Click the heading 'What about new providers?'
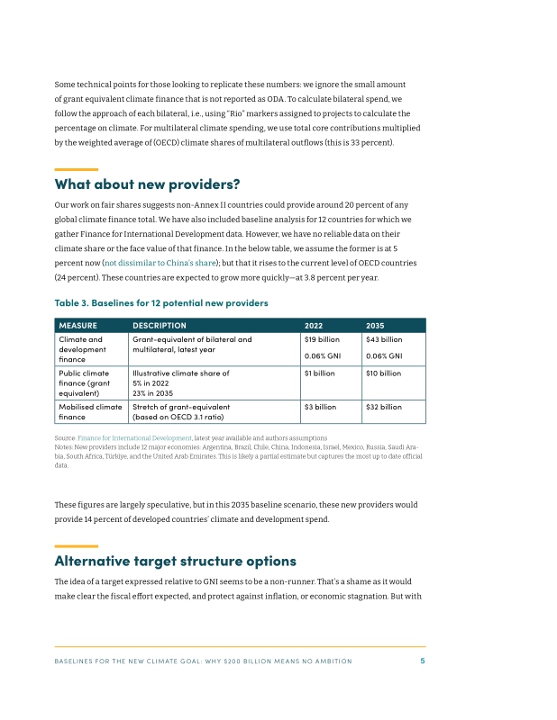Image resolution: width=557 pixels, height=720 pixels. coord(147,184)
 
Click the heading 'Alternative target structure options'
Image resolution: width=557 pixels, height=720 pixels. coord(175,561)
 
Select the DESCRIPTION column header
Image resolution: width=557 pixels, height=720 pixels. coord(160,325)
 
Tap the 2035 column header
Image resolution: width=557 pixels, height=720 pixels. coord(375,325)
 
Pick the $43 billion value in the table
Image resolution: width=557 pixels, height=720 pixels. coord(384,340)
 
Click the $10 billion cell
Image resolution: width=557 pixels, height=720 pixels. coord(383,373)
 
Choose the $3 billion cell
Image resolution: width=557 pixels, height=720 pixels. coord(320,407)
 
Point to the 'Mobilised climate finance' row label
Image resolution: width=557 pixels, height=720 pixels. coord(90,411)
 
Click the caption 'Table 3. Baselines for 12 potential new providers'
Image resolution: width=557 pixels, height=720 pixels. coord(161,302)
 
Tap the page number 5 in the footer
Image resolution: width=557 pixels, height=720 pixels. coord(423,661)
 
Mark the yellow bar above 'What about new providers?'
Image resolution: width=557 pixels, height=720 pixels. coord(76,169)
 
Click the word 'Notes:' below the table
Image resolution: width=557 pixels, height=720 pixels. coord(64,447)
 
